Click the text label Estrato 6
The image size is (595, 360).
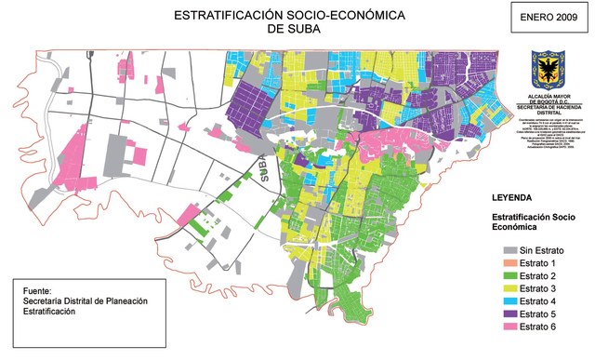(539, 327)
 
